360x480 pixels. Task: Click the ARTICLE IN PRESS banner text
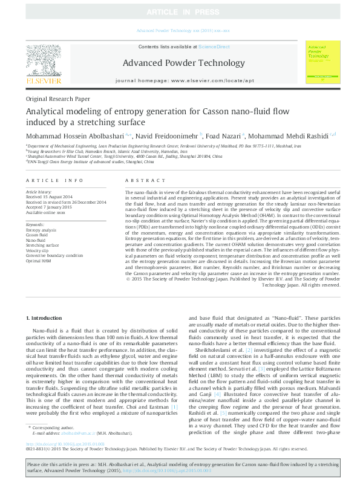point(180,11)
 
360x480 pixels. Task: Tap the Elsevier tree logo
point(43,62)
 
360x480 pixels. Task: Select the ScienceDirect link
point(214,47)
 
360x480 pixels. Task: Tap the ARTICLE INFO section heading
point(54,181)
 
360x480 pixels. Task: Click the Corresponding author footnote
point(54,444)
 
